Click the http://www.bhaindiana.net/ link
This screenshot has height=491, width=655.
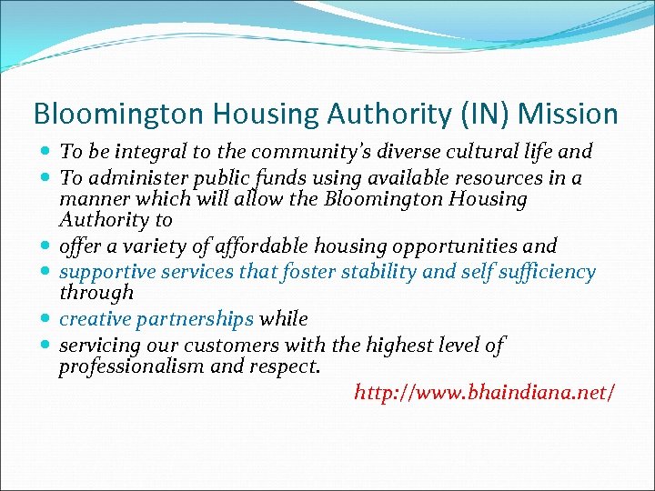[484, 393]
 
